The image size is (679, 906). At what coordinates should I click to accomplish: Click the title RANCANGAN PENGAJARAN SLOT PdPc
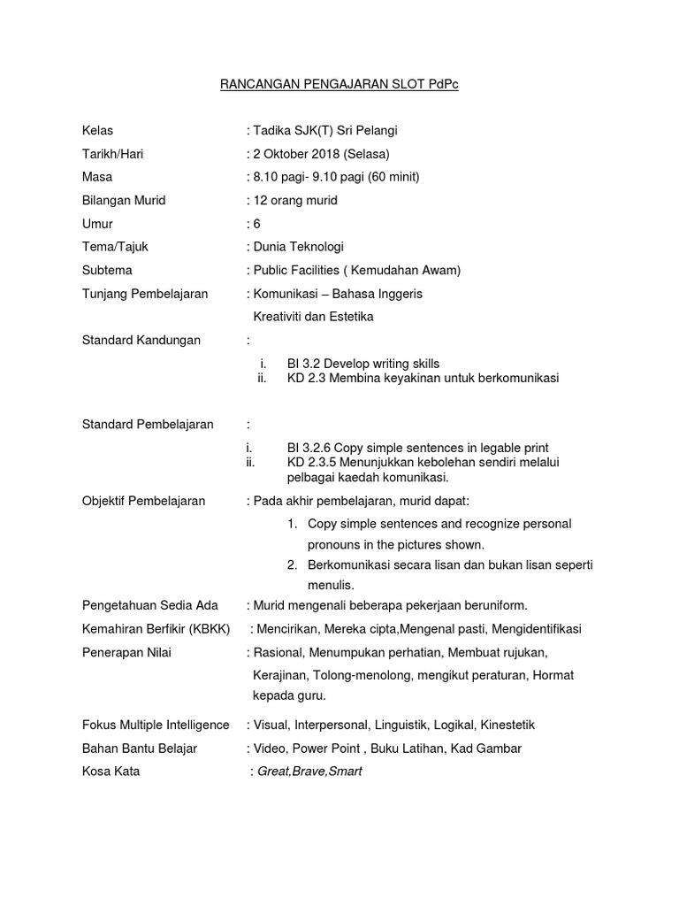(339, 85)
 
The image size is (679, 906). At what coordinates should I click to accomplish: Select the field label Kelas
(97, 131)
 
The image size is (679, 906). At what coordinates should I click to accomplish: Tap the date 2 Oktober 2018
(298, 154)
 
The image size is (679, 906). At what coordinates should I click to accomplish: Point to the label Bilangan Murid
(124, 200)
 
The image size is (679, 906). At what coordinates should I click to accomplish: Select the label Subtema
(107, 270)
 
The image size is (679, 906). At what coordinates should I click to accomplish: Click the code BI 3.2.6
(309, 448)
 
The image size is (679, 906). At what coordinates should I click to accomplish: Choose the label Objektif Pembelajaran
(143, 501)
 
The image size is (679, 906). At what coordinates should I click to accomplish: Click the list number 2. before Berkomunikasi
(291, 564)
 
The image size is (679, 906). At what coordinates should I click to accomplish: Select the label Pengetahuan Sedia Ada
(149, 605)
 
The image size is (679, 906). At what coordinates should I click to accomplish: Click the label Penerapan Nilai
(126, 653)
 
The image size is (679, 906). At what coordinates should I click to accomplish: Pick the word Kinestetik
(507, 725)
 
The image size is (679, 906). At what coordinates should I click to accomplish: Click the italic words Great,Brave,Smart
(309, 772)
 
